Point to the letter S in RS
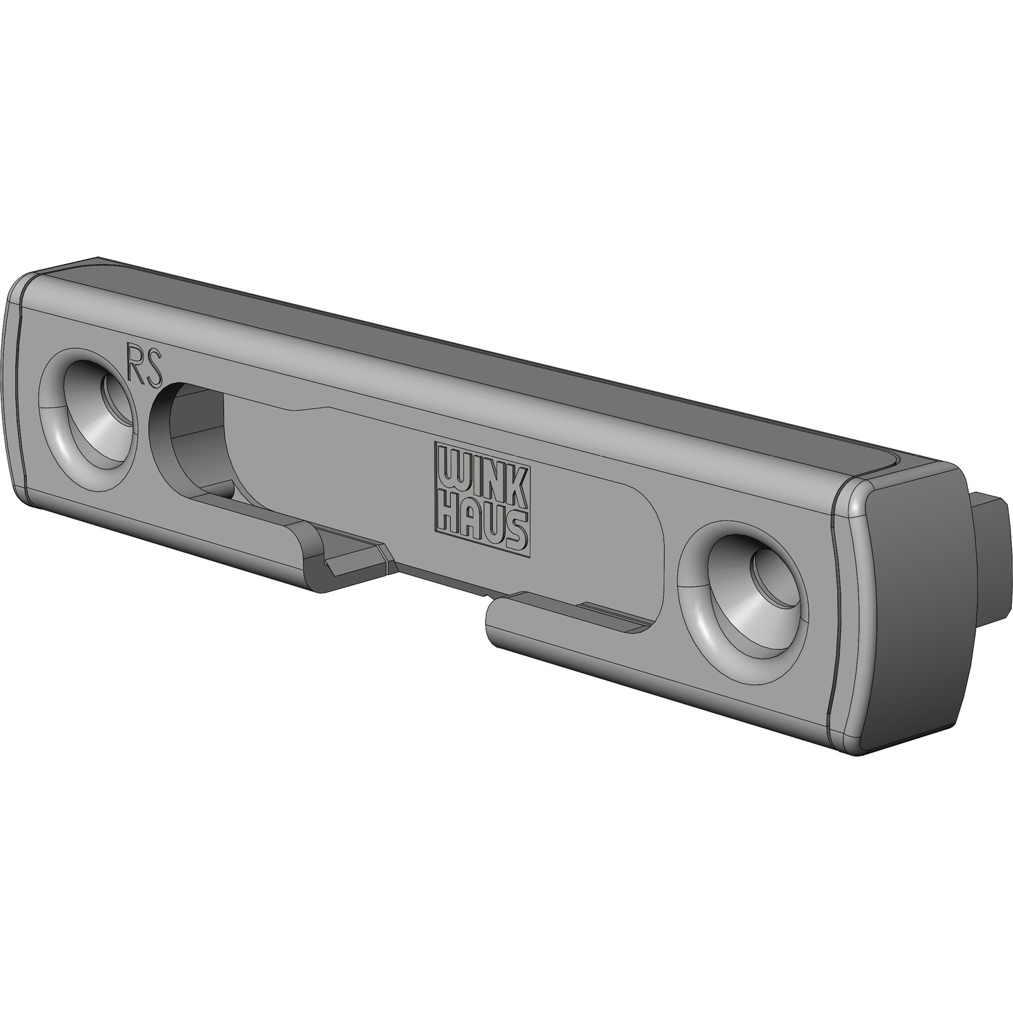click(154, 367)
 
